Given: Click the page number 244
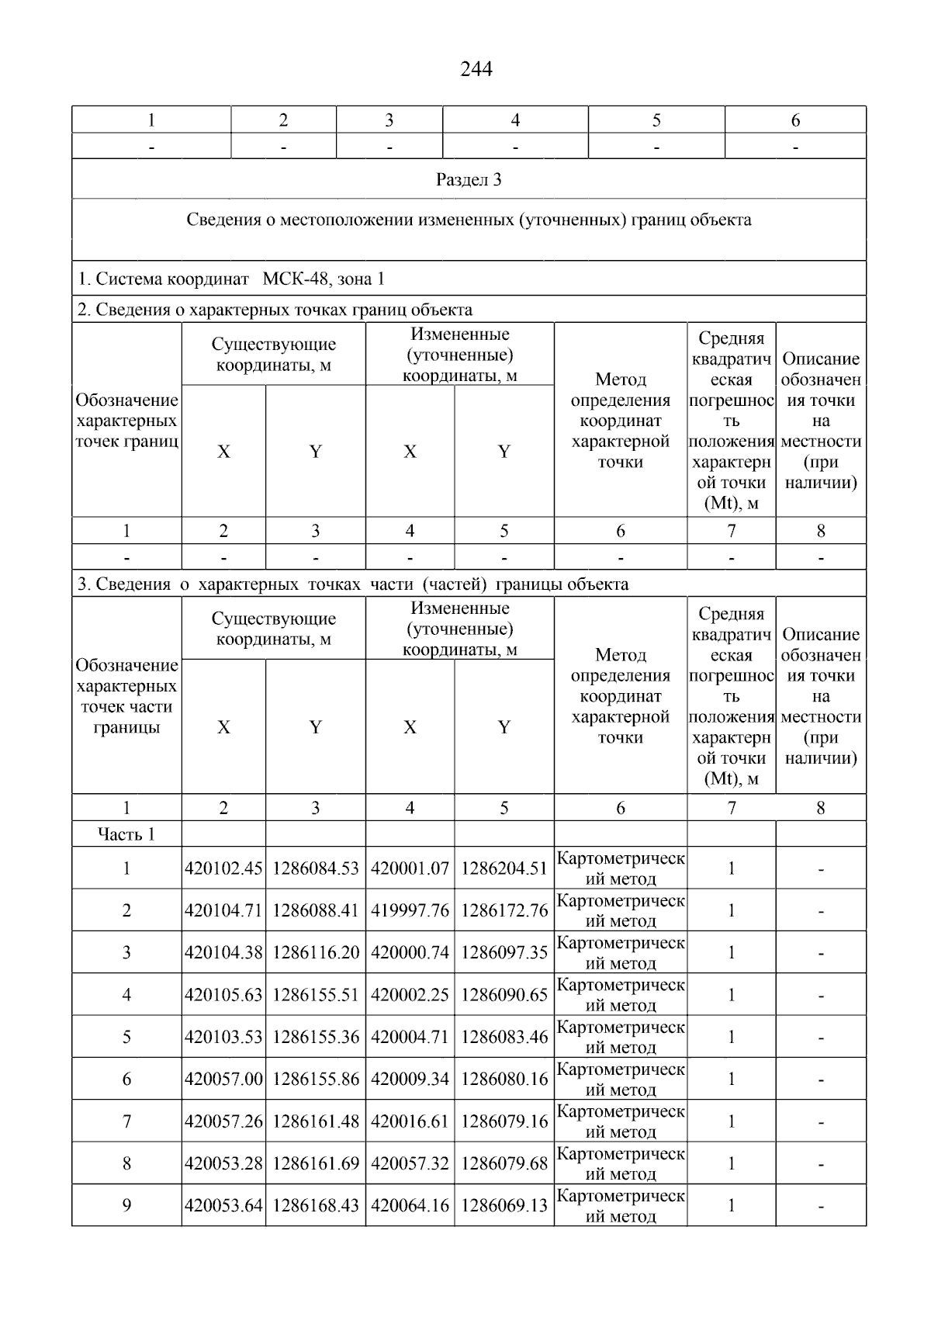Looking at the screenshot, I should [476, 70].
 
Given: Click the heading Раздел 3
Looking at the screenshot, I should [469, 180].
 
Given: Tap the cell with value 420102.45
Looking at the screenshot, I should [223, 868].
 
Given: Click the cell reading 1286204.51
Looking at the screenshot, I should [504, 868].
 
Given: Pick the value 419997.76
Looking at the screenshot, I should [410, 910].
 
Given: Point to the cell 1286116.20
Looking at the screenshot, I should [316, 952].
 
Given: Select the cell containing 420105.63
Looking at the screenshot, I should [223, 995].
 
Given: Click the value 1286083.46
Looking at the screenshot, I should [504, 1037].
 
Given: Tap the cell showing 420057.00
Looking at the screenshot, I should [223, 1079].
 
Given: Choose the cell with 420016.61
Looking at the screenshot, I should [410, 1121].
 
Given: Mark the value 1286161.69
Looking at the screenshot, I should [316, 1163].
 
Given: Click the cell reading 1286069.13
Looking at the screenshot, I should [504, 1205].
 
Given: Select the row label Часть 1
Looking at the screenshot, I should [126, 834].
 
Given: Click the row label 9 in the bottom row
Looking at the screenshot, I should [126, 1205].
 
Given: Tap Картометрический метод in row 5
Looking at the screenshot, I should [621, 1037].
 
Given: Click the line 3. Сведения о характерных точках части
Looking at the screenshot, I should [352, 584].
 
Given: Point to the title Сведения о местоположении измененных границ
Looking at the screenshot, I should [469, 220].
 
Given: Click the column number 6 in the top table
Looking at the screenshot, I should [795, 120].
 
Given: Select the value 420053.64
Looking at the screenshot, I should [223, 1205].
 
